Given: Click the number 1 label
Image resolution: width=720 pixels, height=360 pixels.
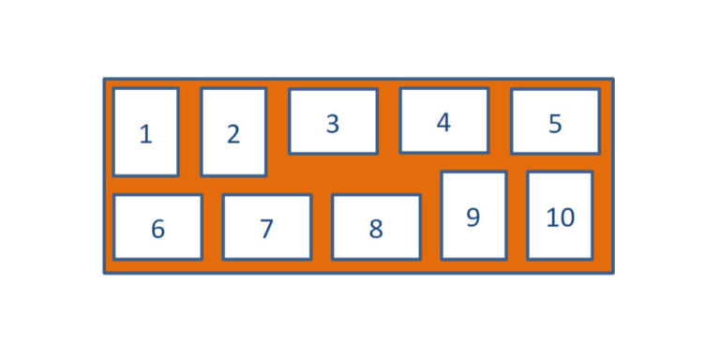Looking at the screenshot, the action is [x=145, y=135].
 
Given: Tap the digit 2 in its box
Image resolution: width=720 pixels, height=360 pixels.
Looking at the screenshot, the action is [x=233, y=135].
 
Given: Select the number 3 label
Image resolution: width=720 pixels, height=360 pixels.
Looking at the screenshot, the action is [x=333, y=124].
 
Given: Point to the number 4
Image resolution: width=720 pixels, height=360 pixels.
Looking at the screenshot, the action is [x=443, y=123].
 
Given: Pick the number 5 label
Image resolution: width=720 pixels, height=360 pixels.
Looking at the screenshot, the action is [x=555, y=124].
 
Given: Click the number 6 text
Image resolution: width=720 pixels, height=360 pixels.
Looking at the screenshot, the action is [x=157, y=229].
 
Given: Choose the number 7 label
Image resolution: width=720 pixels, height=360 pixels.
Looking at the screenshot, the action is [x=266, y=229].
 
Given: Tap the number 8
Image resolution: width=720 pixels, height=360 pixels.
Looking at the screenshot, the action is [x=376, y=229].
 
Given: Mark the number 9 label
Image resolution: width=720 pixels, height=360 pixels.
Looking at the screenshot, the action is [x=473, y=217].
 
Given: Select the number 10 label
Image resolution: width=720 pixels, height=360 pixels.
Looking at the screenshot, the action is [x=560, y=217].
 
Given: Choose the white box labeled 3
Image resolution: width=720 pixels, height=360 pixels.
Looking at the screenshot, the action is [x=333, y=142].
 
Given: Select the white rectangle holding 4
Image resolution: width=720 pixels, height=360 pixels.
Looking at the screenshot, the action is [x=443, y=141].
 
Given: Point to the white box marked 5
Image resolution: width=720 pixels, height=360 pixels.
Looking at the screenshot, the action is [x=555, y=142].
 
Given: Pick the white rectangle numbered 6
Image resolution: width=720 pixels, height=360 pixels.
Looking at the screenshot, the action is [x=157, y=246].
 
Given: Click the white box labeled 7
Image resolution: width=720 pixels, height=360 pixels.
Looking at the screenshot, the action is [x=266, y=246].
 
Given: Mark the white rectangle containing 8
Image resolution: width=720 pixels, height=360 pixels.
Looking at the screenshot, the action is [x=376, y=246].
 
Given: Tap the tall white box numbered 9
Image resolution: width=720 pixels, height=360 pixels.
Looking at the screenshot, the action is [x=473, y=242].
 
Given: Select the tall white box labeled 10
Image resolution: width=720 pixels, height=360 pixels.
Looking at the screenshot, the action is [x=560, y=242].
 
